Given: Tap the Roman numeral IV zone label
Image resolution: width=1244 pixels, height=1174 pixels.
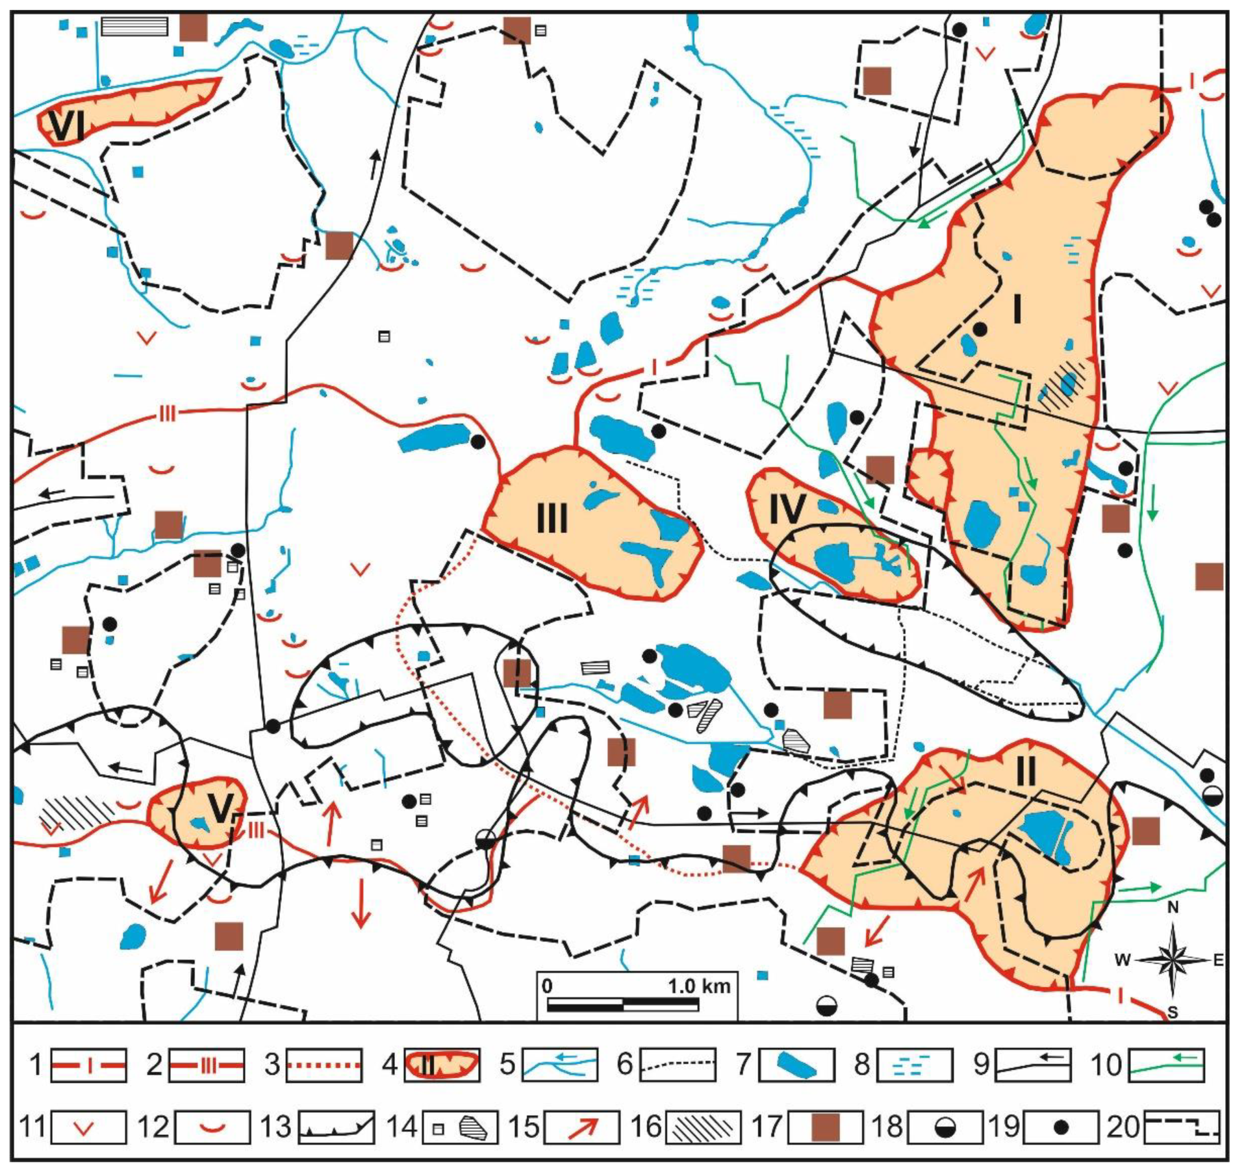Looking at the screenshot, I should (786, 509).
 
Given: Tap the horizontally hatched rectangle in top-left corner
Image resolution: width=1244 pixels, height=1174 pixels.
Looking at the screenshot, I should (134, 26).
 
